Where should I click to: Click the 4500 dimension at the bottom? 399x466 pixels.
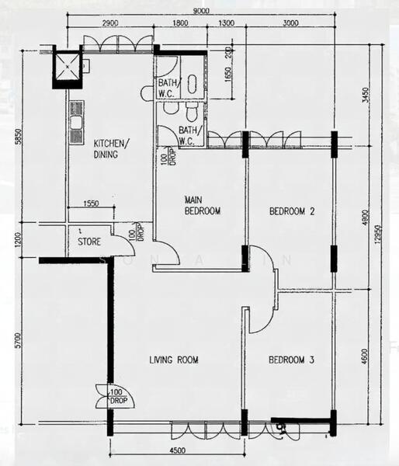click(178, 449)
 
